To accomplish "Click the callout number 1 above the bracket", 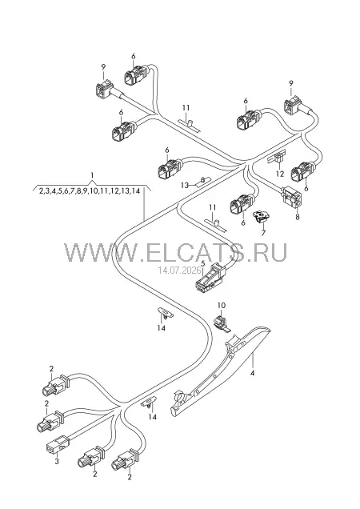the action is pos(93,175).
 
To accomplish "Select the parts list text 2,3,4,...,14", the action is pos(90,190).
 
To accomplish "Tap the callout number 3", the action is pos(57,462).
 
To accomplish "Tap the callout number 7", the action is pos(263,232).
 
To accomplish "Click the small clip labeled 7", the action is pos(262,216).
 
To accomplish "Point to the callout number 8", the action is pos(298,217).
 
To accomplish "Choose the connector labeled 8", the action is pos(291,198).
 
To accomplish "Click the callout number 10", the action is pos(221,305).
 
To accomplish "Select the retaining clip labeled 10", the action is pos(222,323).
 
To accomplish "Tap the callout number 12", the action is pos(280,174).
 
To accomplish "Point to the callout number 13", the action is pos(185,185).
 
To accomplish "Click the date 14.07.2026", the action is pos(179,270).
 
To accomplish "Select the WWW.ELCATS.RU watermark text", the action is pos(175,252).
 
